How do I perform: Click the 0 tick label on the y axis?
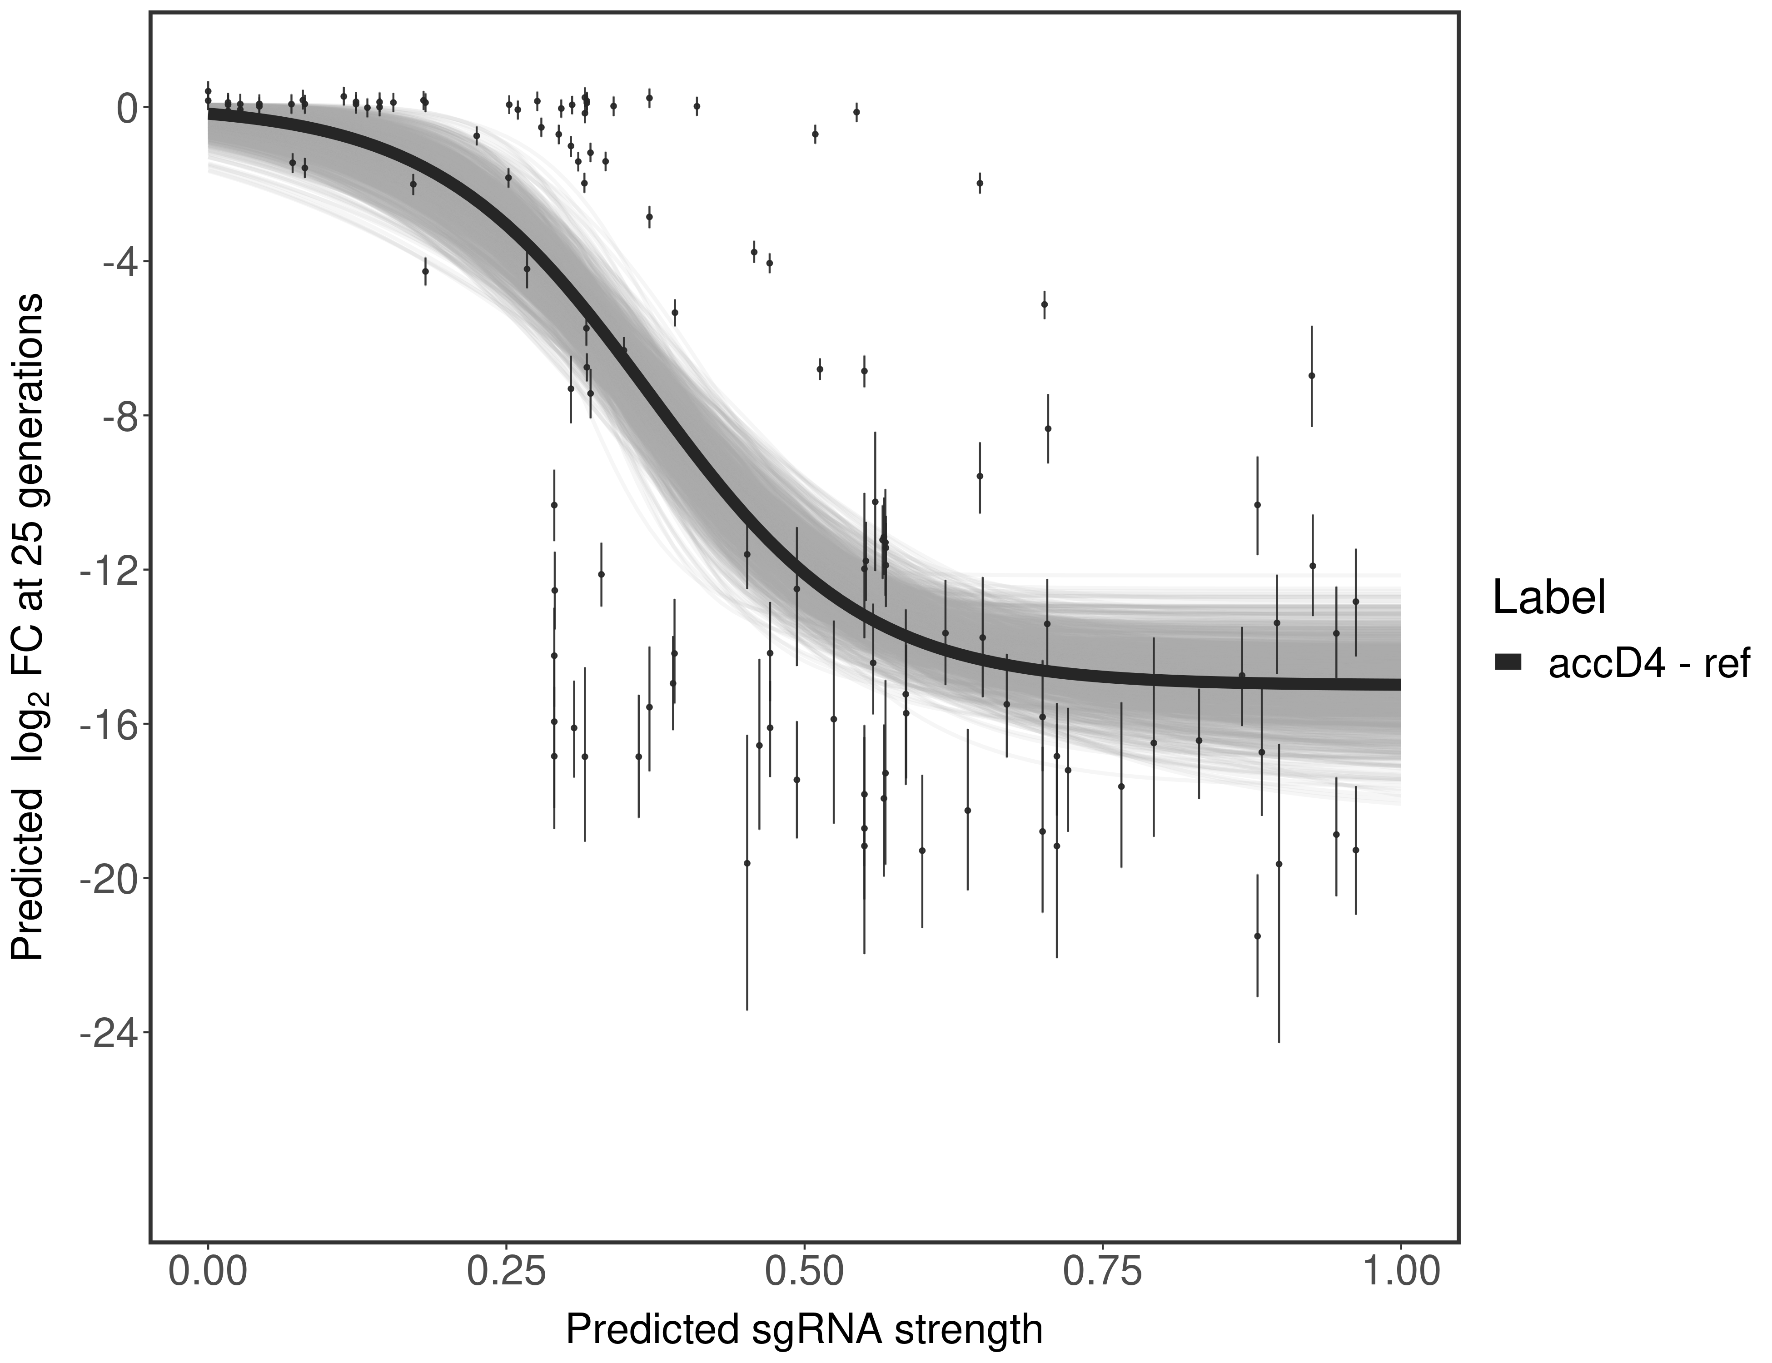tap(127, 108)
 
